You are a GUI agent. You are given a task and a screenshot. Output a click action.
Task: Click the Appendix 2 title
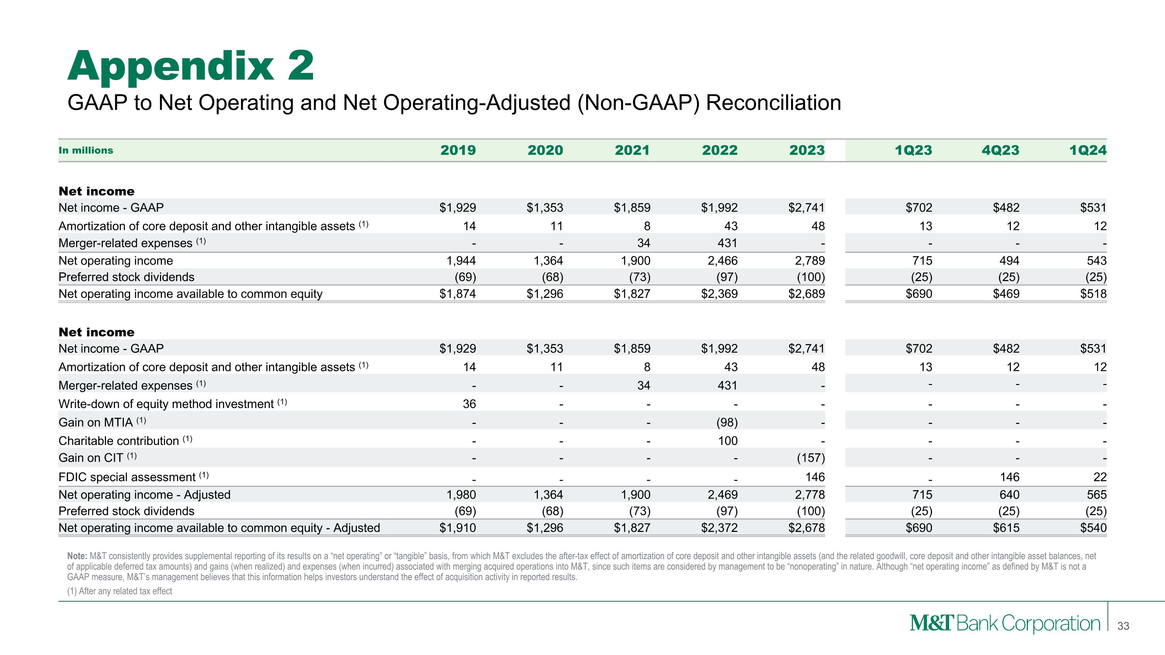point(190,66)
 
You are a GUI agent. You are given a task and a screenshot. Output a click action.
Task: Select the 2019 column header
point(458,150)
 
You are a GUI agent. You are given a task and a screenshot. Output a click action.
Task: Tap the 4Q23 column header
point(1000,150)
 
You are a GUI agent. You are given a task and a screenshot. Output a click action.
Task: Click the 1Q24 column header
point(1088,150)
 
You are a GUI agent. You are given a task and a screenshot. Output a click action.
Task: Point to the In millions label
point(86,150)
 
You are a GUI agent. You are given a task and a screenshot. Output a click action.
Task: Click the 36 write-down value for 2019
point(469,404)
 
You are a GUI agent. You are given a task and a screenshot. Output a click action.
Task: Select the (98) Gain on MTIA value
point(727,422)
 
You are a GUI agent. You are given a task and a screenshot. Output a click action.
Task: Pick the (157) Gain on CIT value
point(810,458)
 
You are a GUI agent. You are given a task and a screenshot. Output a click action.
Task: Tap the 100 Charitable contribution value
point(728,441)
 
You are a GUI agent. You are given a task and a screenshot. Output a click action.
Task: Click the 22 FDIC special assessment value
point(1100,477)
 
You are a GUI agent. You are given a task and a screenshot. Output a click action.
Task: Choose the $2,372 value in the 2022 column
point(719,528)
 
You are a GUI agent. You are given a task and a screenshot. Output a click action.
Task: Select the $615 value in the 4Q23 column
point(1006,528)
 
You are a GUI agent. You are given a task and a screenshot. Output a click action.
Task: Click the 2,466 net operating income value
point(722,261)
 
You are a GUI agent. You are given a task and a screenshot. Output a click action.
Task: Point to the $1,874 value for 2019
point(458,294)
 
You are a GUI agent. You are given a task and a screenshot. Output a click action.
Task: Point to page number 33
point(1123,626)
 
